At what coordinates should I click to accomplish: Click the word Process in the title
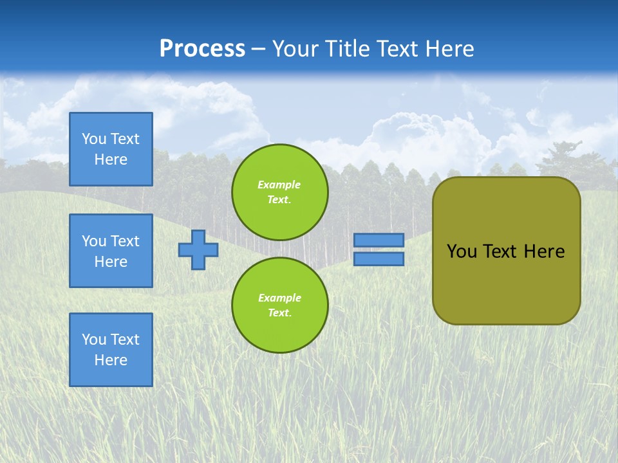point(202,49)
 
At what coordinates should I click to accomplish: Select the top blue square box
point(111,149)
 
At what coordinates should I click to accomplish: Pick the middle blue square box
point(111,251)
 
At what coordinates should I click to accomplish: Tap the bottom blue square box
point(111,350)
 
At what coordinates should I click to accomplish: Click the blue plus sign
point(198,250)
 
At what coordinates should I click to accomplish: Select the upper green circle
point(279,192)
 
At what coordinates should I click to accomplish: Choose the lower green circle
point(279,305)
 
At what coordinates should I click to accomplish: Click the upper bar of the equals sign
point(379,241)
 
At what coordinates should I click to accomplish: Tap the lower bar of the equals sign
point(379,259)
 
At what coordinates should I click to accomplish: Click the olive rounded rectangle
point(506,283)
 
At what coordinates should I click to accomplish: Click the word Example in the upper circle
point(279,185)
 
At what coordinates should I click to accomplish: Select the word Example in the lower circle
point(279,298)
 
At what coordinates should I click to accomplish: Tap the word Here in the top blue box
point(111,159)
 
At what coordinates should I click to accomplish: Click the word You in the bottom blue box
point(94,340)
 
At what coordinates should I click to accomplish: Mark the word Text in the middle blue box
point(124,241)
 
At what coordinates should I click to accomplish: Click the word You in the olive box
point(462,251)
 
